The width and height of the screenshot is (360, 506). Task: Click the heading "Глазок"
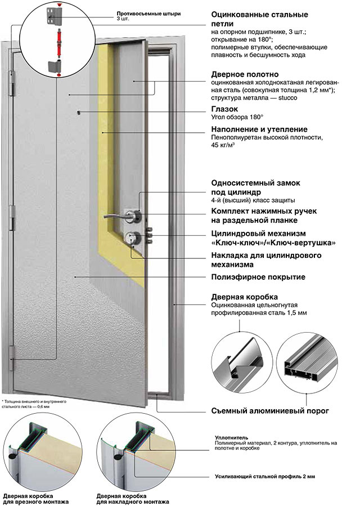click(224, 109)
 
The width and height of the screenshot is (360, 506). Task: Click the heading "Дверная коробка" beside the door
click(244, 297)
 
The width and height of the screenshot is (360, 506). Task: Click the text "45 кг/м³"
click(223, 145)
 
